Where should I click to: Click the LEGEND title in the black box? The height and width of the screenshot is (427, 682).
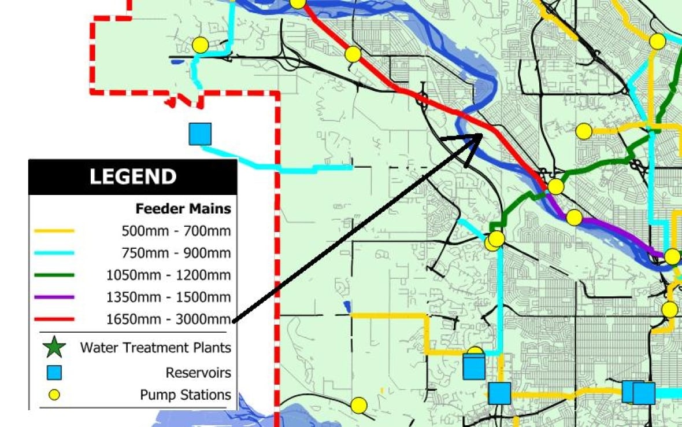click(132, 176)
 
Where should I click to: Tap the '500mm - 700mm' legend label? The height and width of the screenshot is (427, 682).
click(176, 231)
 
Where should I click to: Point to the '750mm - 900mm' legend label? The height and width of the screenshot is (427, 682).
click(176, 253)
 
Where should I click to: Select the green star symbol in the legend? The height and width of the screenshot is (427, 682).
click(54, 347)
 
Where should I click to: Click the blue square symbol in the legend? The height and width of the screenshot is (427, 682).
click(54, 373)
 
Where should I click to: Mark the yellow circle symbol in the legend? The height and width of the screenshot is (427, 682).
click(54, 395)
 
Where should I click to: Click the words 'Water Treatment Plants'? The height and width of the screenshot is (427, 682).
click(155, 348)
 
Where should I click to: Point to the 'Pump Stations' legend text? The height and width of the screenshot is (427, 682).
click(185, 395)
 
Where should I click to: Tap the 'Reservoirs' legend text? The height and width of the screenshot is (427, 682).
click(198, 373)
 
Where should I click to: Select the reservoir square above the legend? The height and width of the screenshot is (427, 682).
click(200, 134)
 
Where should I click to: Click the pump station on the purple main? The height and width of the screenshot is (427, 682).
click(574, 218)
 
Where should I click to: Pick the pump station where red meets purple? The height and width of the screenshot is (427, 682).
click(555, 186)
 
